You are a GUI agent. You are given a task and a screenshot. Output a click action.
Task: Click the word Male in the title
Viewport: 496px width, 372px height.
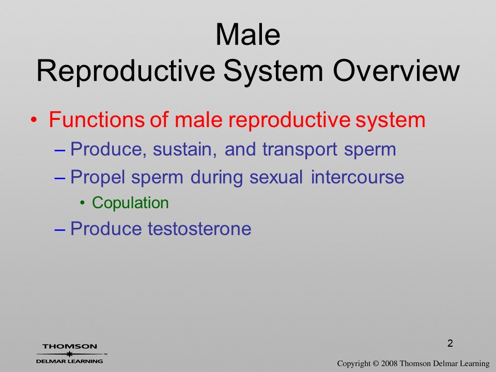tap(247, 34)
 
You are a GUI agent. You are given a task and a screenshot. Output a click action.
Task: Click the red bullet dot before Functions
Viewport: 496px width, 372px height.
tap(34, 120)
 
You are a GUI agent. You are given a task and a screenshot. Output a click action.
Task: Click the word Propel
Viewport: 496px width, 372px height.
tap(98, 177)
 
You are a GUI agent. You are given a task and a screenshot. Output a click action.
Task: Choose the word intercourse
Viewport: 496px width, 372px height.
tap(358, 177)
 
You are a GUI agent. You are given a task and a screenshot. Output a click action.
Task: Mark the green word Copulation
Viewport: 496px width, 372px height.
tap(130, 203)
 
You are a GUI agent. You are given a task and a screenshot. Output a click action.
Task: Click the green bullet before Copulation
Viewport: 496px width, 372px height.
tap(83, 203)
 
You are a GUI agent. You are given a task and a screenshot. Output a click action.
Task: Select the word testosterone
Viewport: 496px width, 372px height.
tap(199, 229)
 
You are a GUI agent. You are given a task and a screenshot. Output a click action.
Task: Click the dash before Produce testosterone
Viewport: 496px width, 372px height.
tap(59, 229)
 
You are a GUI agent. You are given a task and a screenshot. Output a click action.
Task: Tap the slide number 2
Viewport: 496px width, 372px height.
tap(450, 343)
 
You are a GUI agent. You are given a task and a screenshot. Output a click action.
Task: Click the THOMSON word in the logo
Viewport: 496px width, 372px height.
tap(70, 346)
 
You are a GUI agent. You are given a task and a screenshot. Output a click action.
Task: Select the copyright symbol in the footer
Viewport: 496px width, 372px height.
tap(376, 363)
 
